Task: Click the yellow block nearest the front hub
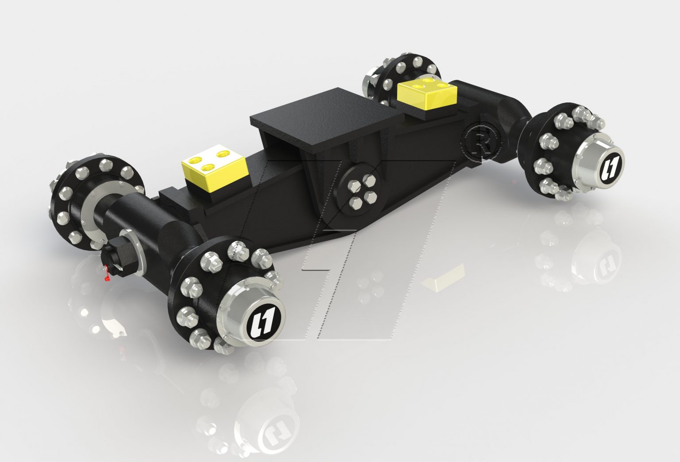pos(214,168)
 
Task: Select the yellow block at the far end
pos(426,94)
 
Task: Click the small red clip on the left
pos(106,273)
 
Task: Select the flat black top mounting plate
pos(328,116)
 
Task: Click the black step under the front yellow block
pos(177,195)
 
